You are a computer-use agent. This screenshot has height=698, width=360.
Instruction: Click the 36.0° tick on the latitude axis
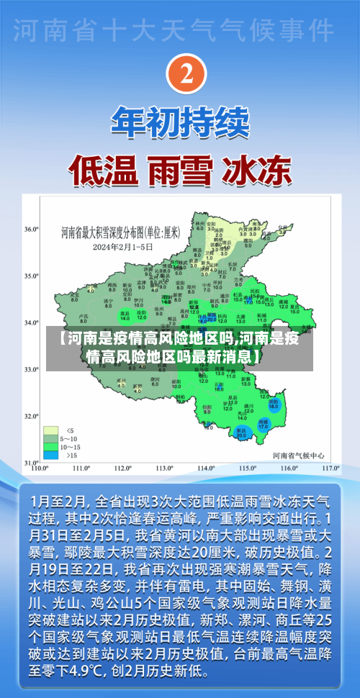(31, 229)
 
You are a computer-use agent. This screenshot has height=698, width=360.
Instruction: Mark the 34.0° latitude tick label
(31, 323)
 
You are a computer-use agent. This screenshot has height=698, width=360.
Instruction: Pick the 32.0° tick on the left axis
(31, 416)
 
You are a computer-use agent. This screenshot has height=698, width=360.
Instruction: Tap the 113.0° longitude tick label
(166, 468)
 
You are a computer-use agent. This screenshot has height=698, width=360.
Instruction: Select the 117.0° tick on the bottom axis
(330, 468)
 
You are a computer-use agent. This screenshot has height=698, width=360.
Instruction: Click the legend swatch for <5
(50, 412)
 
